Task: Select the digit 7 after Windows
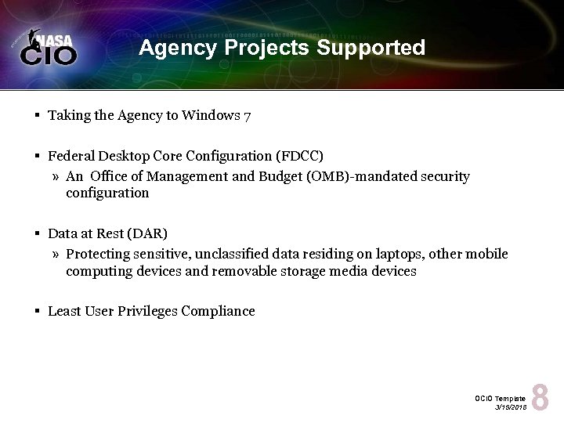[247, 116]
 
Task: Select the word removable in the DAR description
[245, 271]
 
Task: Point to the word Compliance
[219, 311]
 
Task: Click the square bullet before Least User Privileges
[38, 311]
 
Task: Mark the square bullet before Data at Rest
[38, 233]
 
